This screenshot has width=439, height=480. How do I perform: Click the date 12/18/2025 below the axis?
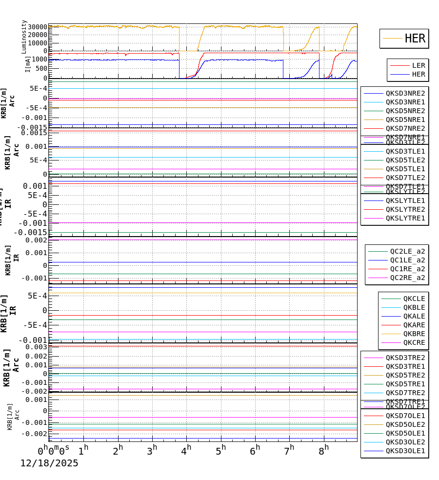pyautogui.click(x=49, y=463)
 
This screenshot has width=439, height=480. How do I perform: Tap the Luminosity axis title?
pyautogui.click(x=24, y=37)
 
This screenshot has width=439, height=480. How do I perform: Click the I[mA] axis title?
pyautogui.click(x=28, y=64)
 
